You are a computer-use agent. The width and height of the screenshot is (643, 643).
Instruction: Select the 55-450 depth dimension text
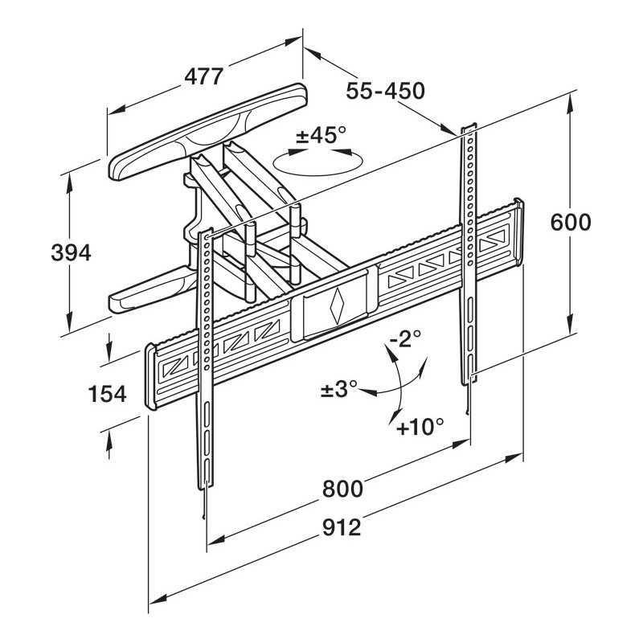coord(385,91)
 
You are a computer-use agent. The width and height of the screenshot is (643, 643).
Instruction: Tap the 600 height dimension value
coord(571,222)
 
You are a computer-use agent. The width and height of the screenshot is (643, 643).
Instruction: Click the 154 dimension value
coord(107,394)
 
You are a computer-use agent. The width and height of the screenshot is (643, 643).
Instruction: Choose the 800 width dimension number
coord(342,488)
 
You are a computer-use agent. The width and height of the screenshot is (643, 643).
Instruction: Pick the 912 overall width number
coord(341,528)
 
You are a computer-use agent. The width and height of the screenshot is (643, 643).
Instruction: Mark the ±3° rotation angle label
coord(338,390)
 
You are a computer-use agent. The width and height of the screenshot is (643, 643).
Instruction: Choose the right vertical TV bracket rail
coord(468,257)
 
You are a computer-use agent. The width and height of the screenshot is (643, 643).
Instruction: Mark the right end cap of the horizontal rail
coord(519,233)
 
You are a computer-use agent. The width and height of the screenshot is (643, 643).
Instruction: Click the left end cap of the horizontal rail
coord(149,378)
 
